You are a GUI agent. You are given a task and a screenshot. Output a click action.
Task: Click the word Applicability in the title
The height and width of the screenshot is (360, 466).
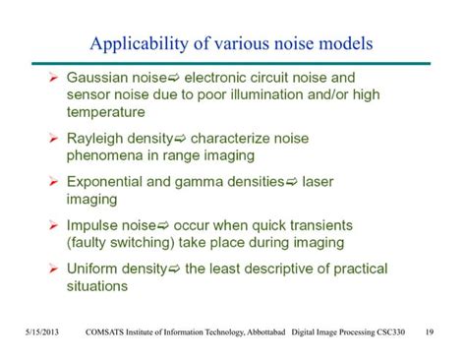[x=134, y=44]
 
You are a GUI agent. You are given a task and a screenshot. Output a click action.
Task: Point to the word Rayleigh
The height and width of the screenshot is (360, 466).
[x=96, y=139]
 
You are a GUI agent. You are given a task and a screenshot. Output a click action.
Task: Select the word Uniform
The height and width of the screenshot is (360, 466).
[x=94, y=269]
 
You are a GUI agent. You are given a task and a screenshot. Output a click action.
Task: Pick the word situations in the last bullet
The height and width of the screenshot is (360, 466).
[x=98, y=286]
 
